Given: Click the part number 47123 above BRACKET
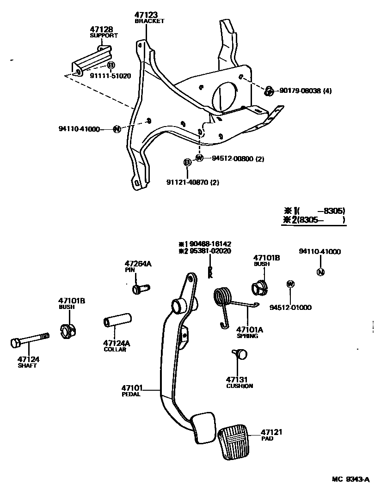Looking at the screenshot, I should [146, 15].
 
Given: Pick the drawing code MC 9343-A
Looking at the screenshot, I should [350, 479].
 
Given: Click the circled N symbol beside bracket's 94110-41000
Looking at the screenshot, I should [117, 129].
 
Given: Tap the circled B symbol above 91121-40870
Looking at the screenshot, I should [187, 162].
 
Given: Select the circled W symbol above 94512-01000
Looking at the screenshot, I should [290, 284].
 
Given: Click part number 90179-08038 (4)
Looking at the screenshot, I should [306, 91].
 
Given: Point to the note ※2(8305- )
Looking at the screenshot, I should [314, 220].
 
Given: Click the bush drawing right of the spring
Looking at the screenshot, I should [260, 288].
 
